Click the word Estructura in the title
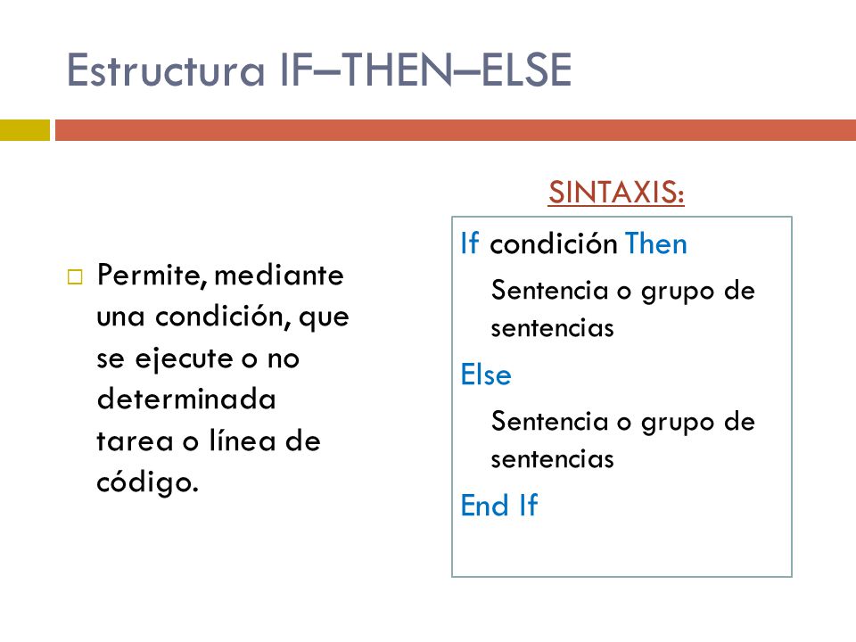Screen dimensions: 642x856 click(x=161, y=71)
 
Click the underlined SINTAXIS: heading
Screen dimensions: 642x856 click(x=616, y=192)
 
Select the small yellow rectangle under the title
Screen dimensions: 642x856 click(x=24, y=130)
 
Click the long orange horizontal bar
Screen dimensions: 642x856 click(x=455, y=130)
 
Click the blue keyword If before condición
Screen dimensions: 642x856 click(x=470, y=243)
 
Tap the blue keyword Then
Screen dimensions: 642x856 click(x=656, y=243)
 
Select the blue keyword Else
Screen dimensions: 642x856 click(x=486, y=375)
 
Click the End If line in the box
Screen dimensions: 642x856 click(x=499, y=506)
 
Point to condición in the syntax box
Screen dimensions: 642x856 click(x=554, y=243)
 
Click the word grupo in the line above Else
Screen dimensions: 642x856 click(x=675, y=292)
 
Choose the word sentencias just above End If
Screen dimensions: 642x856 click(x=552, y=459)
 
